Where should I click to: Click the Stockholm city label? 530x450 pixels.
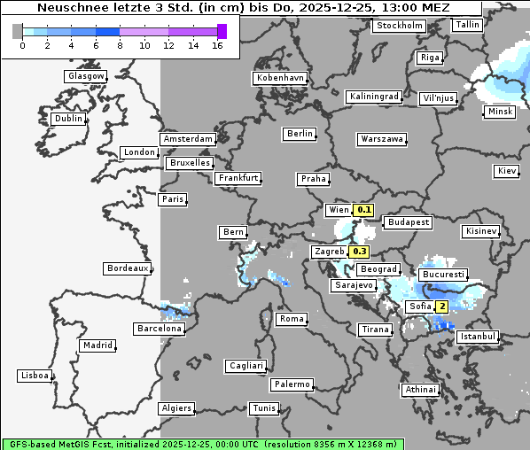click(399, 26)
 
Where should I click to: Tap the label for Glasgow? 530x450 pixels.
click(86, 76)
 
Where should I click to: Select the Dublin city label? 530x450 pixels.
click(68, 119)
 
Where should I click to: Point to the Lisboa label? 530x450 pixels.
click(34, 376)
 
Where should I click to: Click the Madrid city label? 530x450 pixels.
click(97, 345)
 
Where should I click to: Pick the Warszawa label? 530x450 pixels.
click(382, 139)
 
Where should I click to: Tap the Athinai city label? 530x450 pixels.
click(420, 390)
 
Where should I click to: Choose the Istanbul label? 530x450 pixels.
click(478, 337)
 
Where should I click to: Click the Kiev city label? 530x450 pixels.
click(507, 170)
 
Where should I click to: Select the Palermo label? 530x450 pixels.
click(292, 384)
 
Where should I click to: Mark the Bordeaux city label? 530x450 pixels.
click(127, 268)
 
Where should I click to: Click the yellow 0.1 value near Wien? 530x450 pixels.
click(364, 210)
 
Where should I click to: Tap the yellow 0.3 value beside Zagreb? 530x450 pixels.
click(359, 252)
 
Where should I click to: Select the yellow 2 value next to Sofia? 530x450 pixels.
click(440, 306)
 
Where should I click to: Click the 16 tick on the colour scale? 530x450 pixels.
click(217, 45)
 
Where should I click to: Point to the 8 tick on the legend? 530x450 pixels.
click(120, 45)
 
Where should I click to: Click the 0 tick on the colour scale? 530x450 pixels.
click(22, 45)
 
